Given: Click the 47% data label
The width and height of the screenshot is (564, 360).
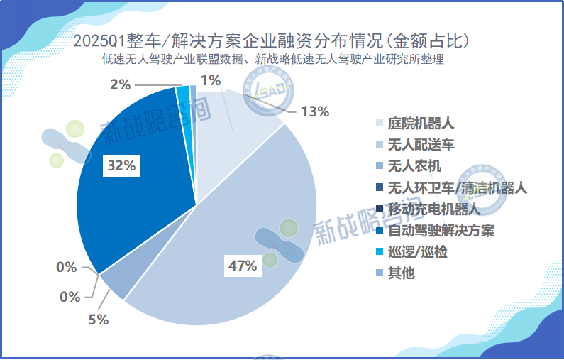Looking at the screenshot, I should pos(242,266).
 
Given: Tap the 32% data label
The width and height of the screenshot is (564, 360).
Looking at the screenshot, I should pos(119,166).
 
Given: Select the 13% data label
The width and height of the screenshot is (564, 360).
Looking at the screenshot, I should pos(315,111).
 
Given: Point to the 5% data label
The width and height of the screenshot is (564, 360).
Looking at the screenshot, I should pos(98,320).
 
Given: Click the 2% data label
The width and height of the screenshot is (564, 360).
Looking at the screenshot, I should pos(120,85).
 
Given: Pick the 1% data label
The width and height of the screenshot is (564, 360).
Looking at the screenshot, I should pos(210,80).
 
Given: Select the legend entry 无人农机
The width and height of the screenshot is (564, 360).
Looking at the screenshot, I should pos(414,166).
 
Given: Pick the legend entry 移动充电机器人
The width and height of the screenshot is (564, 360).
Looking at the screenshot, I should pos(433,209).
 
